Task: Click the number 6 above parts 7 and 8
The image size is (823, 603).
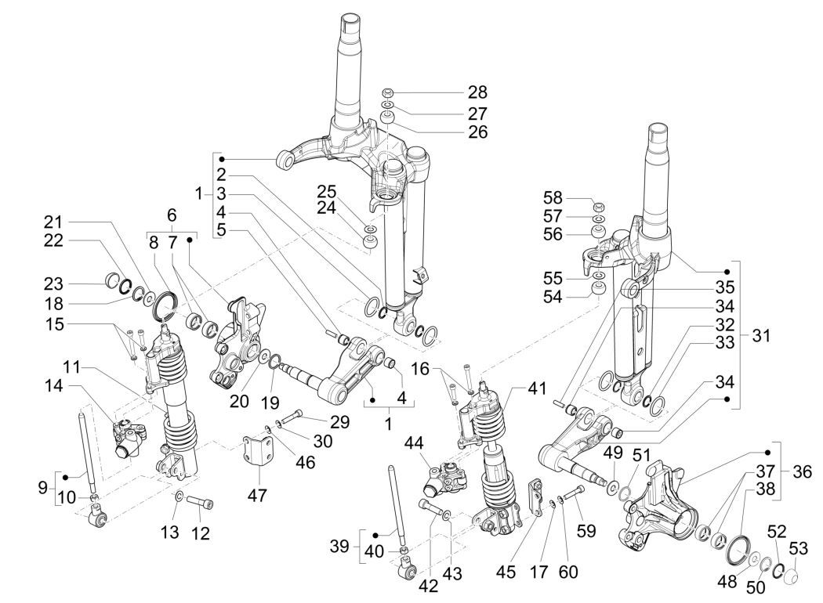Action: pyautogui.click(x=172, y=215)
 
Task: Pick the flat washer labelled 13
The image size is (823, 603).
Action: pyautogui.click(x=180, y=496)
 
